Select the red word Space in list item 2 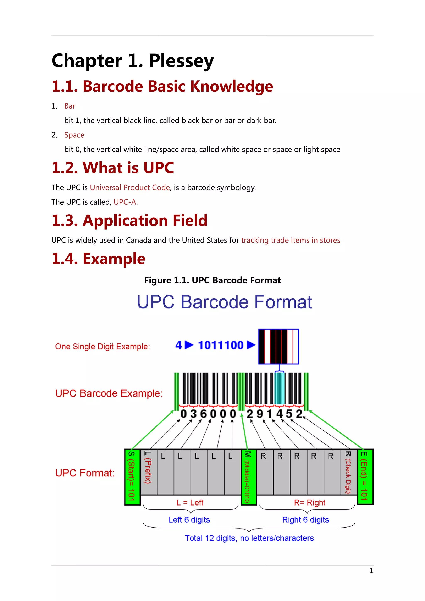pos(74,135)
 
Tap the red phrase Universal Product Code pos(130,188)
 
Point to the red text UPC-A pos(125,202)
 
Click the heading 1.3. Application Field pos(129,220)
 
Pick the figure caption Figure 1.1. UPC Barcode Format pos(212,280)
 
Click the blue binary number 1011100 pos(221,345)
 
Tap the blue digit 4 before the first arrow pos(178,345)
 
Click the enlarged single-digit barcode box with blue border pos(278,347)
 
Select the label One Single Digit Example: pos(102,347)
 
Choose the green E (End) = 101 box pos(365,476)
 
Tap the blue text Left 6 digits pos(189,520)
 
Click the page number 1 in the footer pos(371,571)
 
